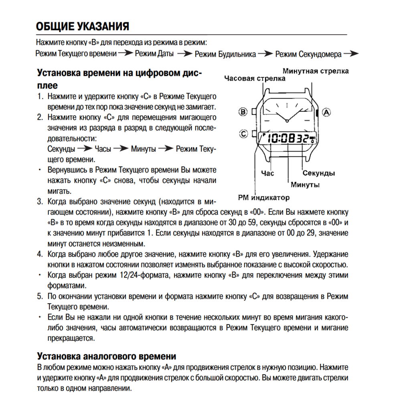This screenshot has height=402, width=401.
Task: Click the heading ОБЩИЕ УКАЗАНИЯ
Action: pyautogui.click(x=83, y=27)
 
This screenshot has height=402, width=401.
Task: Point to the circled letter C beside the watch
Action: pyautogui.click(x=243, y=134)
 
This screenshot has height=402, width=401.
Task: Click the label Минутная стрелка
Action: pyautogui.click(x=316, y=71)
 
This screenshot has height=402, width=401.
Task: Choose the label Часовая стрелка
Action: pyautogui.click(x=255, y=78)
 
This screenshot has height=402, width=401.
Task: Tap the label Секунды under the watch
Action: pyautogui.click(x=319, y=173)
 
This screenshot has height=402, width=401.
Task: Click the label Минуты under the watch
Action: pyautogui.click(x=305, y=185)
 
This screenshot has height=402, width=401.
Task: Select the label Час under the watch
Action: pyautogui.click(x=267, y=173)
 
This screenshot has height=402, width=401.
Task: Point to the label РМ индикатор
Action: pyautogui.click(x=263, y=198)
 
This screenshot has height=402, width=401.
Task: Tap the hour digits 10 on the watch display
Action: pyautogui.click(x=274, y=139)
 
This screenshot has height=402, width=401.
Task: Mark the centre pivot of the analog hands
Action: pyautogui.click(x=287, y=120)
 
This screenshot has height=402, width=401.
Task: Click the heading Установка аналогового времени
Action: pyautogui.click(x=106, y=356)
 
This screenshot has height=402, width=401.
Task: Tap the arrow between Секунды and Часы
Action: pyautogui.click(x=85, y=149)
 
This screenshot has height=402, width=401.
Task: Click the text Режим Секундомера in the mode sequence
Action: pyautogui.click(x=308, y=54)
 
